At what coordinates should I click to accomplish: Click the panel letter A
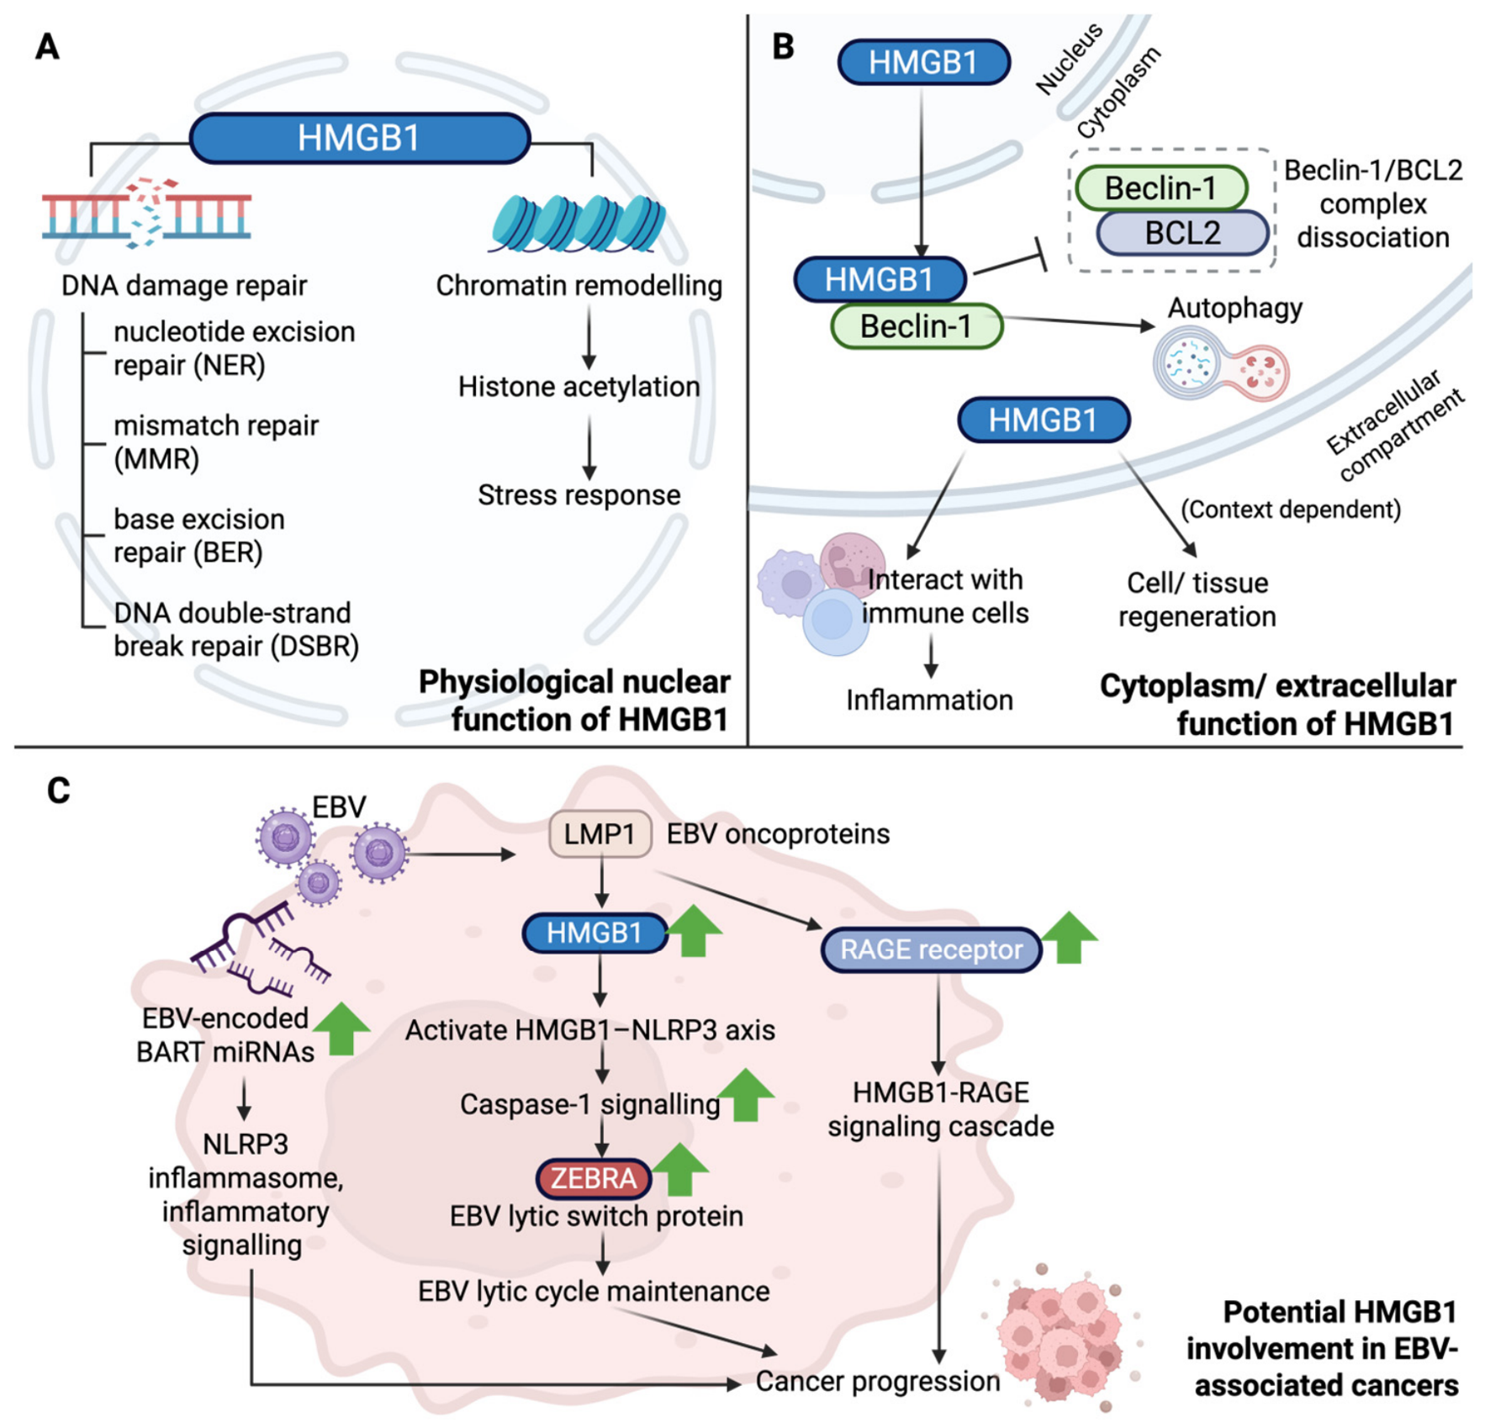pos(48,46)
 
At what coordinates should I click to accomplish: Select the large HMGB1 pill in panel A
pos(360,138)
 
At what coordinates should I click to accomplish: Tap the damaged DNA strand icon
pos(147,213)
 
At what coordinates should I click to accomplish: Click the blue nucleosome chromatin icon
pos(577,224)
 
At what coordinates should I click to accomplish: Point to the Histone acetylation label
pos(579,387)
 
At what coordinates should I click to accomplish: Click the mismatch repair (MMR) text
pos(216,442)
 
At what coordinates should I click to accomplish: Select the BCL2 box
pos(1182,233)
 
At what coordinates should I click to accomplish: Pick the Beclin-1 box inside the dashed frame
pos(1161,188)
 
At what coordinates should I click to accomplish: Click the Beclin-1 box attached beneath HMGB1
pos(917,326)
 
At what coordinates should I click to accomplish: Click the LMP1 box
pos(600,834)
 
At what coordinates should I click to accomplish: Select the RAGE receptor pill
pos(932,950)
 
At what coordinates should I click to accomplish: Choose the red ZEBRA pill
pos(594,1178)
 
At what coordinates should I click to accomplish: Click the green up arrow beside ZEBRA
pos(680,1170)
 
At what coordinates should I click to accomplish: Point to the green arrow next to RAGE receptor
pos(1069,937)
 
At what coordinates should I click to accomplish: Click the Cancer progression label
pos(877,1381)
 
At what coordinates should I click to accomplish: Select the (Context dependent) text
pos(1291,510)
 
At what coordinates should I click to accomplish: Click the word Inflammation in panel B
pos(929,700)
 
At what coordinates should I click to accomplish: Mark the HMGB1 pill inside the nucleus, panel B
pos(924,62)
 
